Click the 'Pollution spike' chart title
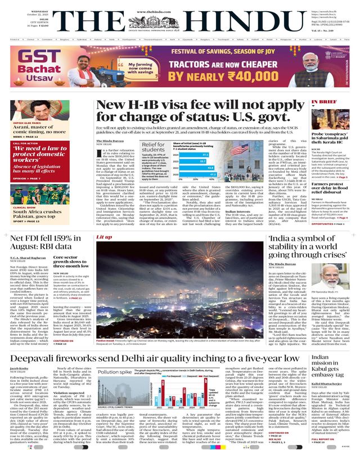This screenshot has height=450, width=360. point(115,357)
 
